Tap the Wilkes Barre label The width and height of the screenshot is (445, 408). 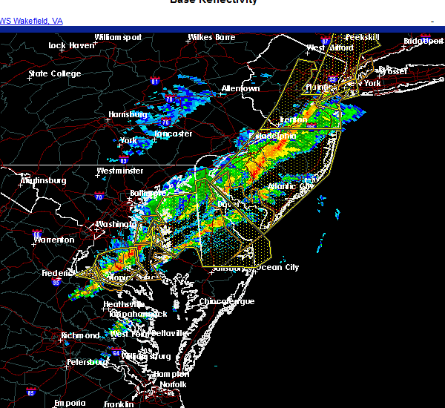click(x=211, y=37)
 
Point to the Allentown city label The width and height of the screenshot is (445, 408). click(x=241, y=89)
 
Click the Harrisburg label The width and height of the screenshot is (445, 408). click(x=129, y=114)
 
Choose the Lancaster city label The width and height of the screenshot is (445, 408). click(x=174, y=134)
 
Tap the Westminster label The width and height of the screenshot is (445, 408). click(x=119, y=171)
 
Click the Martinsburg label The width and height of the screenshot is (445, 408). click(x=44, y=180)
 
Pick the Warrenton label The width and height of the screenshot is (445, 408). click(x=53, y=240)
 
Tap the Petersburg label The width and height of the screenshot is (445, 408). click(x=88, y=362)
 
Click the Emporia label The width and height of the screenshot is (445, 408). click(x=70, y=403)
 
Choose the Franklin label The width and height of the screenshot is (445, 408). click(x=119, y=404)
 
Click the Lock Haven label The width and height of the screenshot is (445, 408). click(x=72, y=45)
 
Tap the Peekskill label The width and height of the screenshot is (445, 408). click(x=362, y=37)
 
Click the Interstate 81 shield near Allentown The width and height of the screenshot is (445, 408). click(x=155, y=81)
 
